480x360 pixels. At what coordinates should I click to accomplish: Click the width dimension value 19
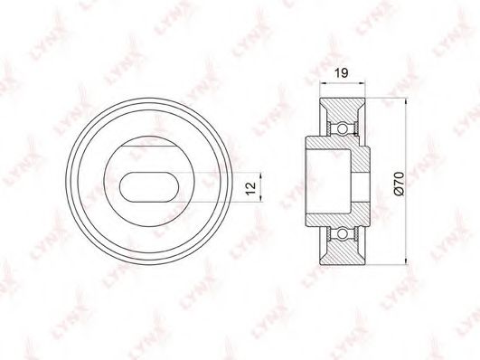tap(341, 73)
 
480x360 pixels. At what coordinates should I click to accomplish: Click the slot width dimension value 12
tap(250, 188)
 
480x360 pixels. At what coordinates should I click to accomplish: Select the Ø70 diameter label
tap(400, 184)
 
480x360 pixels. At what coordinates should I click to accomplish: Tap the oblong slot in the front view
tap(149, 187)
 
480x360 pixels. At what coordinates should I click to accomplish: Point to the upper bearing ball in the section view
tap(343, 128)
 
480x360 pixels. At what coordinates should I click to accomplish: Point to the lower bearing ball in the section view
tap(343, 233)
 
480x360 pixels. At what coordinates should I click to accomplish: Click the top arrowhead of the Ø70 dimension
tap(406, 101)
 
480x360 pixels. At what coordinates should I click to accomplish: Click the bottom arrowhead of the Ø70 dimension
tap(406, 261)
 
